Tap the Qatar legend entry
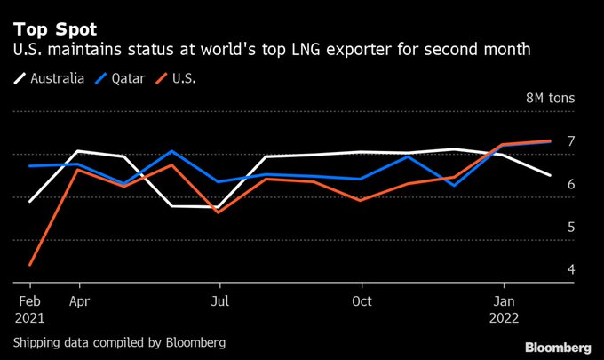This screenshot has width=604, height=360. pyautogui.click(x=123, y=77)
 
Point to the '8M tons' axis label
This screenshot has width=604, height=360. pyautogui.click(x=551, y=98)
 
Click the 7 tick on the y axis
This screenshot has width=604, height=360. pyautogui.click(x=571, y=140)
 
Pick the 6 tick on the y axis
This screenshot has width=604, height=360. pyautogui.click(x=571, y=184)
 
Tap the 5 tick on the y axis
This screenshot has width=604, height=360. pyautogui.click(x=571, y=227)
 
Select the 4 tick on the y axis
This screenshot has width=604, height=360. pyautogui.click(x=571, y=269)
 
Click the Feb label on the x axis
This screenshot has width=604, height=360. pyautogui.click(x=30, y=300)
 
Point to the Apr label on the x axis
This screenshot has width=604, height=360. pyautogui.click(x=80, y=300)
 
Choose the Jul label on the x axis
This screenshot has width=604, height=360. pyautogui.click(x=219, y=300)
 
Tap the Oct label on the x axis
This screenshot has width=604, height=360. pyautogui.click(x=362, y=300)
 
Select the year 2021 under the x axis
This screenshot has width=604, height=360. pyautogui.click(x=30, y=316)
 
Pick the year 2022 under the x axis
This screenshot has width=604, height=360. pyautogui.click(x=505, y=316)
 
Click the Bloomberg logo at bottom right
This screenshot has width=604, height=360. pyautogui.click(x=558, y=346)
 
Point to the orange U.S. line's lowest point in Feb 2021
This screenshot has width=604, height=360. pyautogui.click(x=30, y=265)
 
